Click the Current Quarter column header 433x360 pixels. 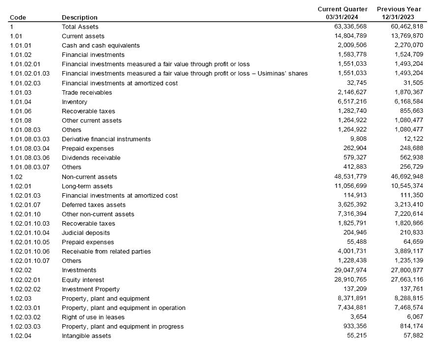pos(342,13)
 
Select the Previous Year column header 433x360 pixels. pos(399,13)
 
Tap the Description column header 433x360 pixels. pos(80,18)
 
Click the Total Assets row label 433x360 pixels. pos(80,26)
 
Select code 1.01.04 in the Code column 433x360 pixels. pos(21,102)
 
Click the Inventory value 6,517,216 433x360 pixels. pos(352,102)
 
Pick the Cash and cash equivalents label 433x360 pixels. pos(101,45)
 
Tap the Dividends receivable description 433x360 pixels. pos(91,158)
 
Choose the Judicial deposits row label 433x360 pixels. pos(86,233)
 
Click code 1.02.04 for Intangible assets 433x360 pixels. pos(21,336)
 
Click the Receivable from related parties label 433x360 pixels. pos(106,252)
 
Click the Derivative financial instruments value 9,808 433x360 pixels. pos(357,139)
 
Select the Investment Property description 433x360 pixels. pos(91,289)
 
